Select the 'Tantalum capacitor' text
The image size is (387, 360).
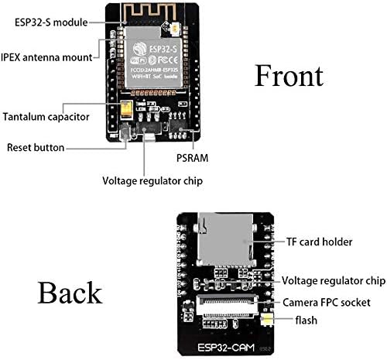[x=46, y=117]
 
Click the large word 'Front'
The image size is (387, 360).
[x=289, y=76]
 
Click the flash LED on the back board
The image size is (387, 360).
[x=266, y=319]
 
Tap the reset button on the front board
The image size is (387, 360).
[x=125, y=138]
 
